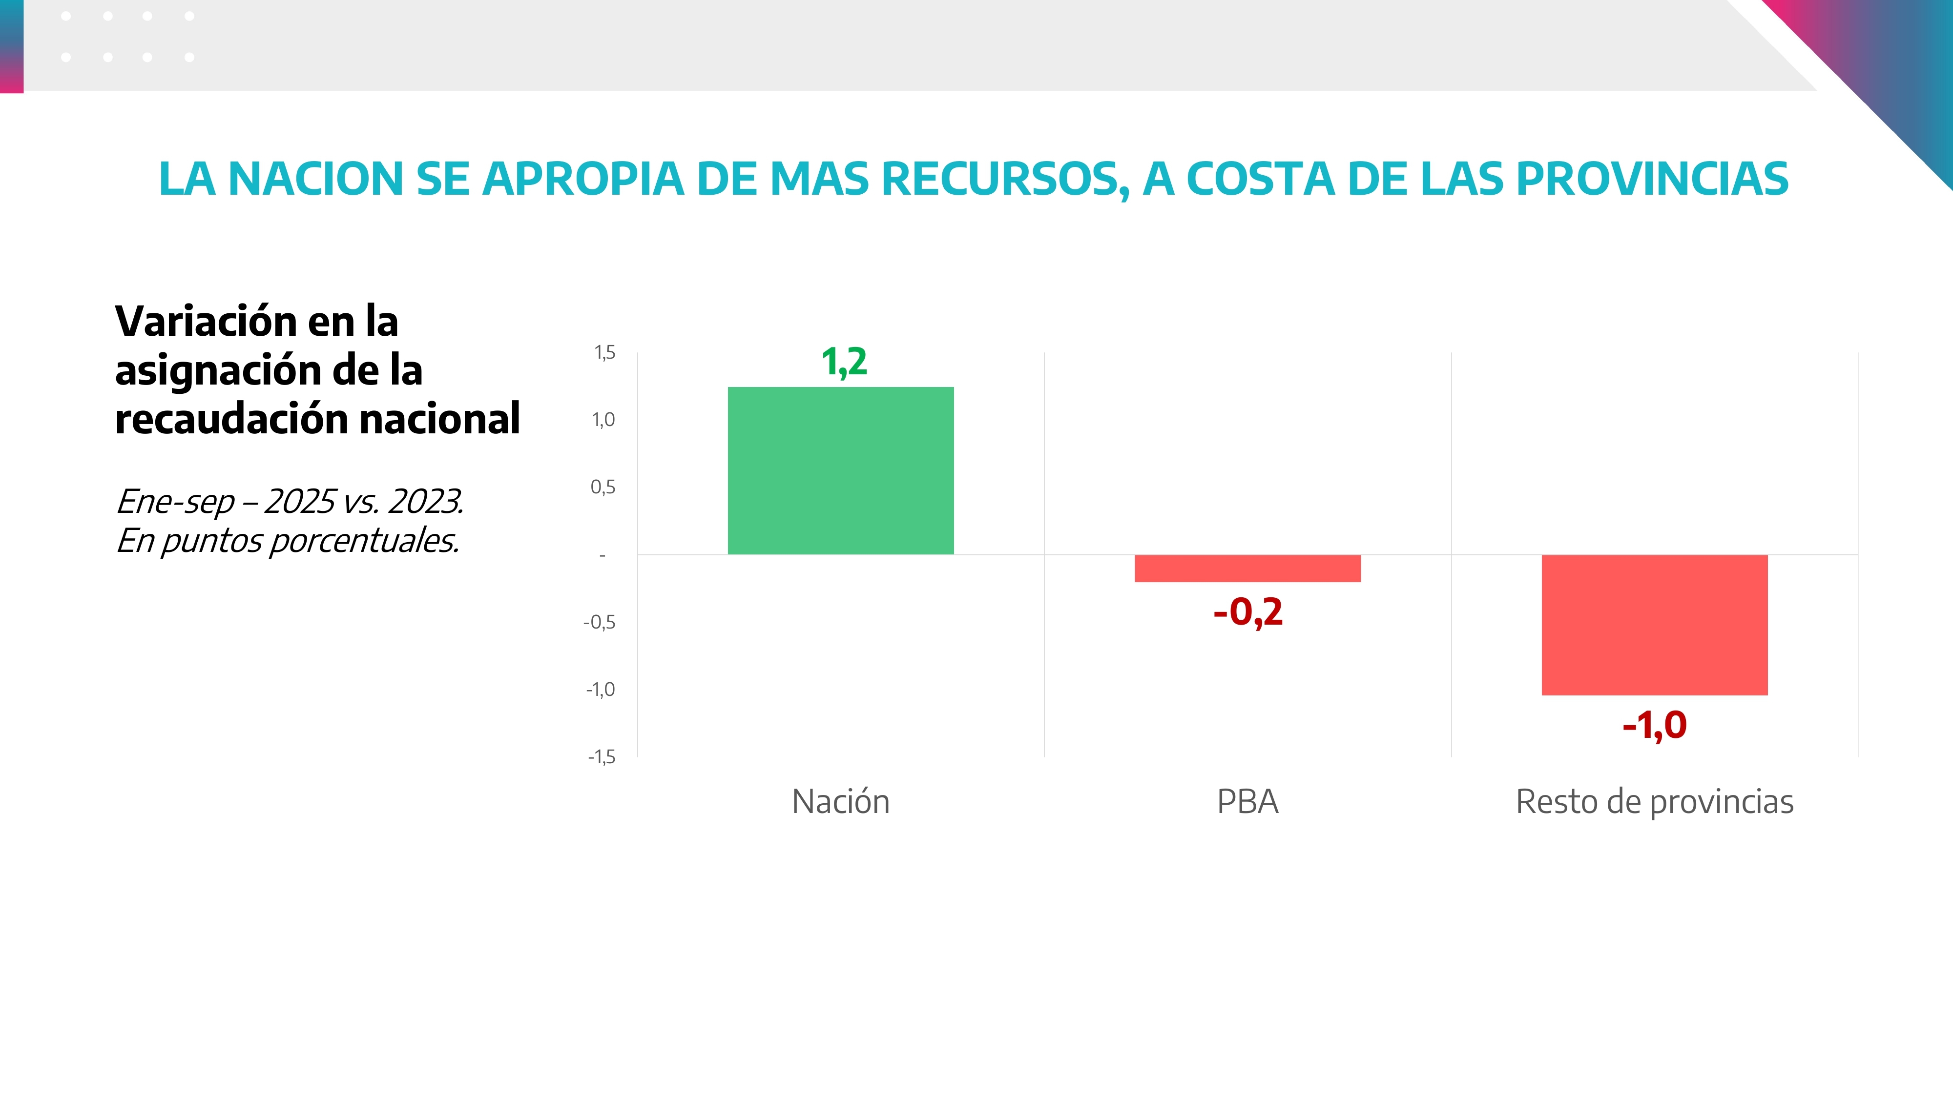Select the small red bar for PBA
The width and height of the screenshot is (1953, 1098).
click(x=1247, y=569)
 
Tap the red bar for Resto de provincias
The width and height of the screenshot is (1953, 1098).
click(x=1654, y=625)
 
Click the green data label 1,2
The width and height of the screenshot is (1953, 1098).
click(x=844, y=362)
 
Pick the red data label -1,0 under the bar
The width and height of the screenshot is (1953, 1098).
click(x=1654, y=725)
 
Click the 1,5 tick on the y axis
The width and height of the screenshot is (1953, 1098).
click(x=604, y=352)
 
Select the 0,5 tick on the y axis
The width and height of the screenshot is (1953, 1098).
click(x=603, y=487)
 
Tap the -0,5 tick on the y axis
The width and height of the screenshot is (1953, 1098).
click(x=599, y=622)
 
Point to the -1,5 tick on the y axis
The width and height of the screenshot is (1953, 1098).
click(x=601, y=757)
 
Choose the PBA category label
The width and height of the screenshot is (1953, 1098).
click(x=1247, y=802)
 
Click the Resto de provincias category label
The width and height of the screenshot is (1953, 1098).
click(x=1654, y=802)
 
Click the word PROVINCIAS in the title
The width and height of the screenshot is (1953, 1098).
click(x=1652, y=179)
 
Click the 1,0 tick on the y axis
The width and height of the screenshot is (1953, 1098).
click(x=603, y=420)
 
